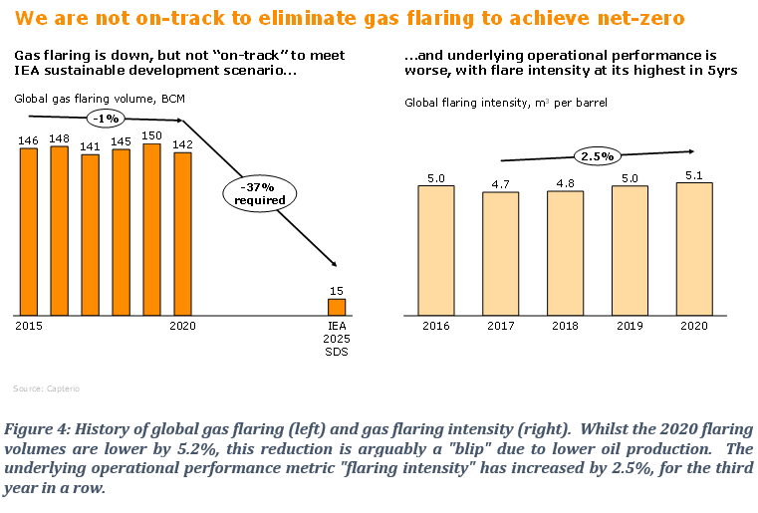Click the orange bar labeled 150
(151, 228)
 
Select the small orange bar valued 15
(337, 306)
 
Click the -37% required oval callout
(260, 193)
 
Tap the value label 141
(90, 145)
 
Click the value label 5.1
(693, 173)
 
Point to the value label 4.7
(500, 183)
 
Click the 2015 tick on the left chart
(28, 325)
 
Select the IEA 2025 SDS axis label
(337, 339)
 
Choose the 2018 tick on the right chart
(565, 325)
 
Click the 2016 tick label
(435, 325)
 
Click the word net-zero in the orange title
(637, 19)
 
